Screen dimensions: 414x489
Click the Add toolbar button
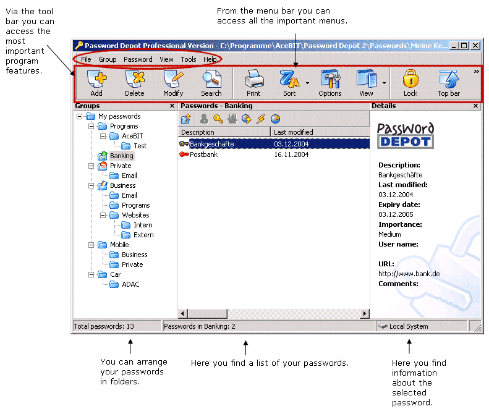tap(96, 83)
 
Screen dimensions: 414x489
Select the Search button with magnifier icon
tap(211, 83)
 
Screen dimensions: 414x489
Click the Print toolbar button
tap(253, 83)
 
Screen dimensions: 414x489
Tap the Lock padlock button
tap(410, 83)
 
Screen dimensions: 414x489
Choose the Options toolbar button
tap(330, 83)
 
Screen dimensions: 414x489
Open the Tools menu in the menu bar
tap(189, 59)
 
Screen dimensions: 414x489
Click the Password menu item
tap(138, 59)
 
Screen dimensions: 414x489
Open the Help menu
tap(210, 59)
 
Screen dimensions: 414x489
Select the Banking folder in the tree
tap(121, 156)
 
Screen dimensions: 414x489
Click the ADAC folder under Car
tap(130, 284)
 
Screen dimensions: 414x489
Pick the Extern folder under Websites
tap(143, 235)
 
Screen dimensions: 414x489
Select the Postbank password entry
tap(203, 154)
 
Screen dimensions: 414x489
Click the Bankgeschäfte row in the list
tap(211, 144)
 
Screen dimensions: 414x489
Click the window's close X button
tap(475, 46)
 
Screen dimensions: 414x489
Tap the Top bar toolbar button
tap(448, 83)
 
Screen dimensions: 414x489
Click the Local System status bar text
tap(408, 326)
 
